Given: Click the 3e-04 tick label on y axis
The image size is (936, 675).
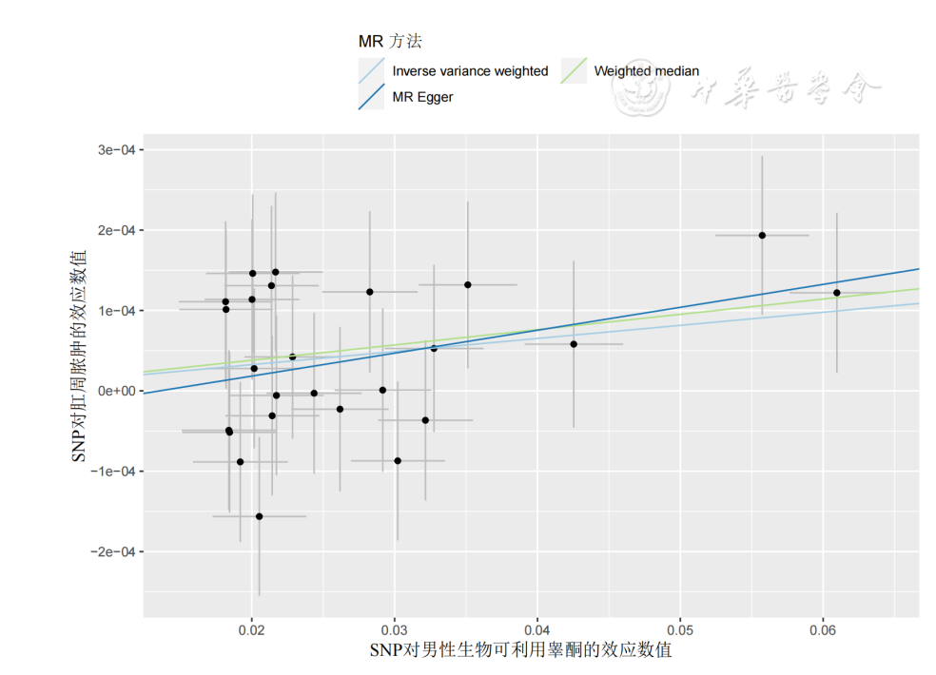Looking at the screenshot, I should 113,150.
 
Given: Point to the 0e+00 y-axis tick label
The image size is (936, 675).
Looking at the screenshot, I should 113,391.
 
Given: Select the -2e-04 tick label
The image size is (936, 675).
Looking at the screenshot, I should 110,551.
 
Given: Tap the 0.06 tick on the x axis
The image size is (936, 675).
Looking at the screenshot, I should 823,630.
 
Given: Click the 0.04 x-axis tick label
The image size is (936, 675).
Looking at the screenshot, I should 537,630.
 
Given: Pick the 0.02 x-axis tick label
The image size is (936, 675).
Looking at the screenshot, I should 251,630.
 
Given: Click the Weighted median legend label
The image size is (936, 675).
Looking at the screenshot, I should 646,70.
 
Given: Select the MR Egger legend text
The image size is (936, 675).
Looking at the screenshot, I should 422,96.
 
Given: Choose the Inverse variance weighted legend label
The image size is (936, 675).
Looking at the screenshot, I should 470,70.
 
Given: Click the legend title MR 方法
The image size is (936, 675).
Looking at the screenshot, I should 390,42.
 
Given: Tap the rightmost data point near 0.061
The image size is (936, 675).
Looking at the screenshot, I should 837,293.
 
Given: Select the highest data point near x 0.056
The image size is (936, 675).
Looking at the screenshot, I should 762,235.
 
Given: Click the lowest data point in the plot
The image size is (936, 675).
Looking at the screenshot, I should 259,516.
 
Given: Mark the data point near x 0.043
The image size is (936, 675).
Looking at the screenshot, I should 574,344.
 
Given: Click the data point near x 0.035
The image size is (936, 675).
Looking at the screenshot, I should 468,284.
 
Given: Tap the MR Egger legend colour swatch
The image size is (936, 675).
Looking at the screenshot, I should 371,96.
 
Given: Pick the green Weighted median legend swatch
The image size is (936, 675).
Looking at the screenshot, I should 574,70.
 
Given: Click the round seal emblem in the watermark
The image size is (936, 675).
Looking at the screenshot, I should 639,90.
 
